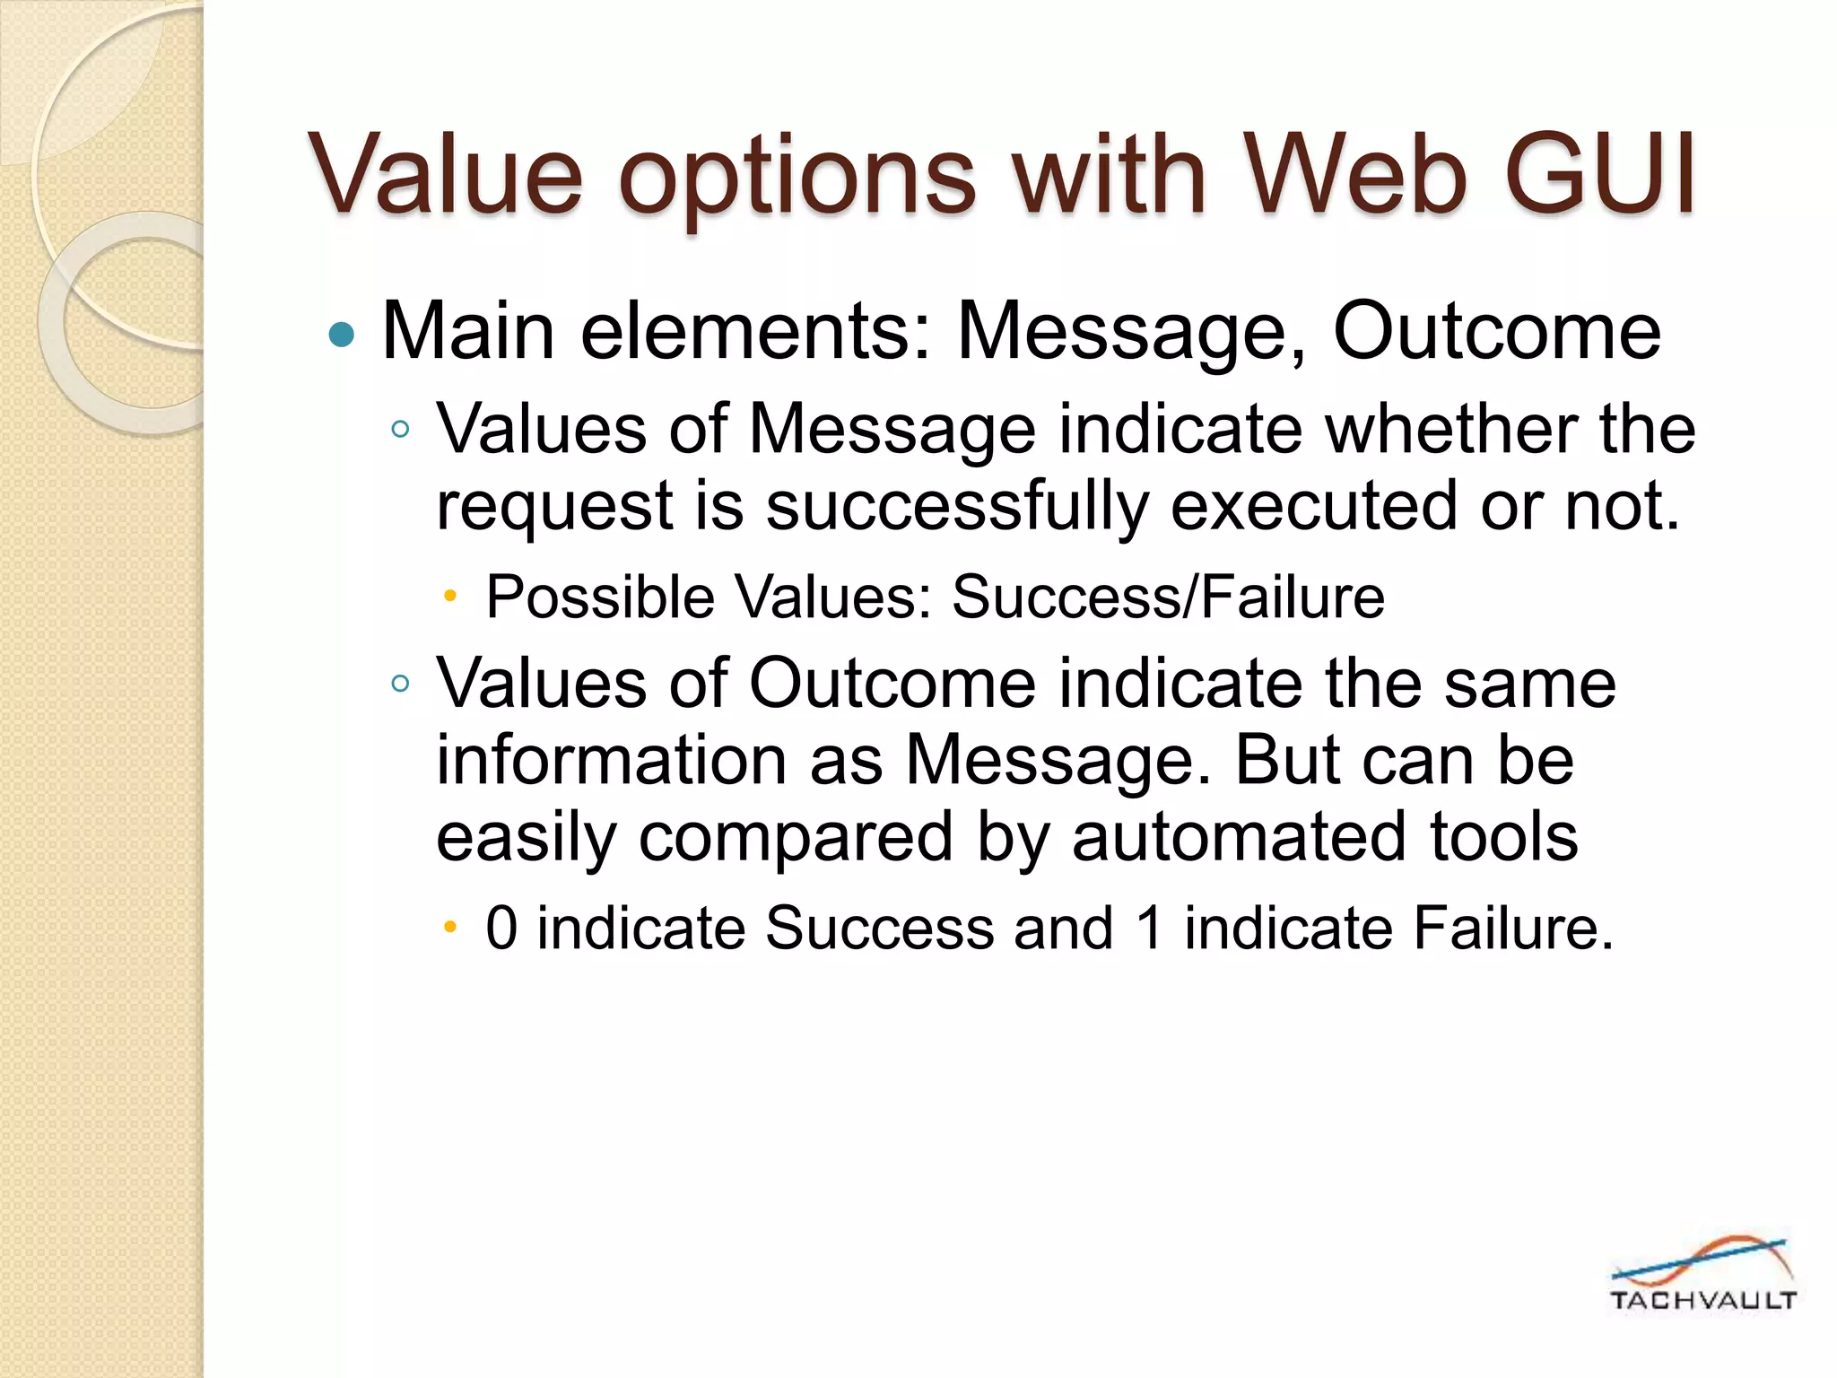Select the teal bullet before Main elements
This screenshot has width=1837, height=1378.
pos(342,336)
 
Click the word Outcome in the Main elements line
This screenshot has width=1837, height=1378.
pos(1496,332)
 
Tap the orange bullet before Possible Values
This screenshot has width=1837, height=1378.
pos(451,596)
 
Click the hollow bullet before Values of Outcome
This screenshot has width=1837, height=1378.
pos(400,685)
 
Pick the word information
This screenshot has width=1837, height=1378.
pos(612,761)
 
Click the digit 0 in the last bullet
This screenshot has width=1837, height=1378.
pos(501,928)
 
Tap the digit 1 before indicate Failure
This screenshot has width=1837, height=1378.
pos(1149,928)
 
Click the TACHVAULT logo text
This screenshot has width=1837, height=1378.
pos(1702,1301)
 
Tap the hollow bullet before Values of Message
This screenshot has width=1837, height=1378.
pos(400,429)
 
